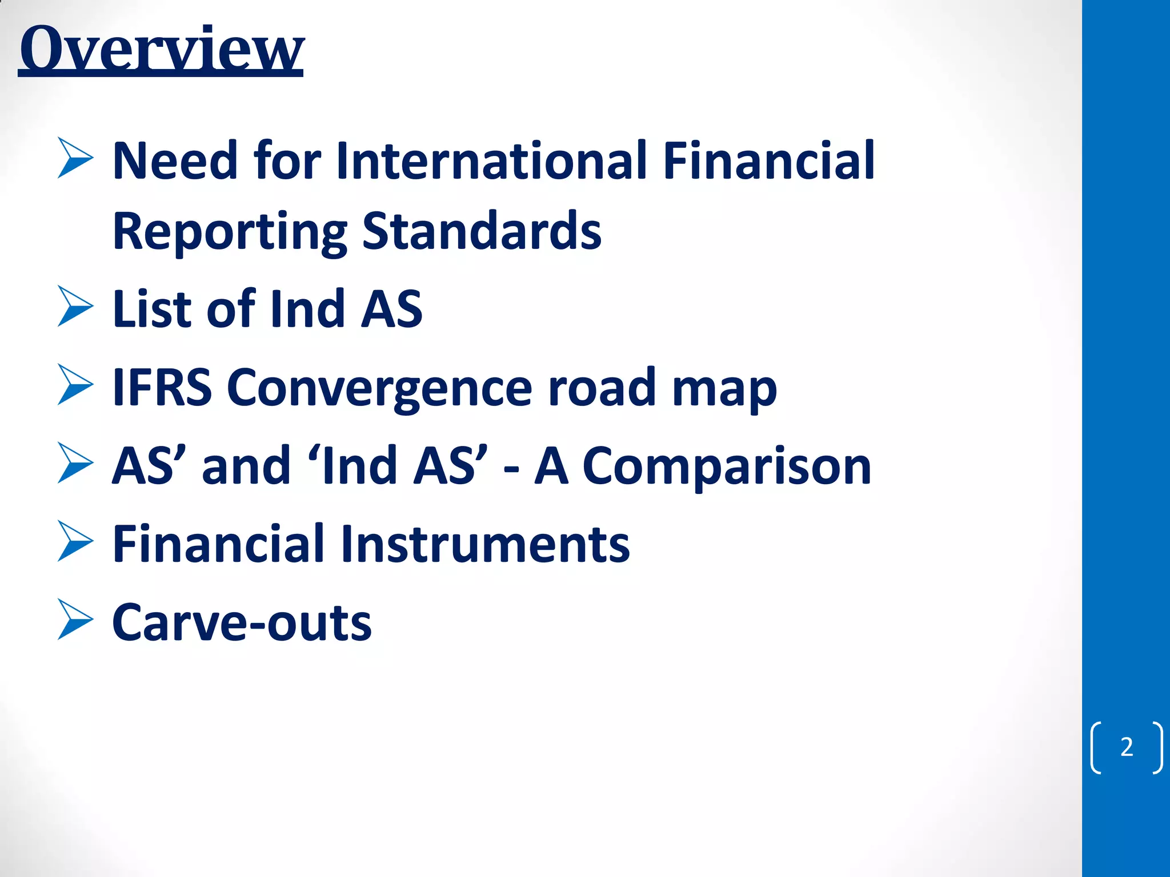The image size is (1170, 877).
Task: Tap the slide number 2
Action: (1126, 747)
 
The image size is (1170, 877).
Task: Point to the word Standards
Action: (482, 231)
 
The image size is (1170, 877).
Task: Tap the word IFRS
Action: (162, 388)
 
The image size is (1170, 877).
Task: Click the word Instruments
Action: (485, 544)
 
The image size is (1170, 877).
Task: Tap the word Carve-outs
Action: (242, 623)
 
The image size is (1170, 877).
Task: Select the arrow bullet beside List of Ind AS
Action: (75, 307)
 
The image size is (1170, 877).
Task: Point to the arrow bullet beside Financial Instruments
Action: (75, 541)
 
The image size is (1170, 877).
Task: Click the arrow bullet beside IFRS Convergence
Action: (75, 385)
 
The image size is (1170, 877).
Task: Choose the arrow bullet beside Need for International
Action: (75, 158)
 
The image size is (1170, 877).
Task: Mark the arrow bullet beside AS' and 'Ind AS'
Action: (75, 463)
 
